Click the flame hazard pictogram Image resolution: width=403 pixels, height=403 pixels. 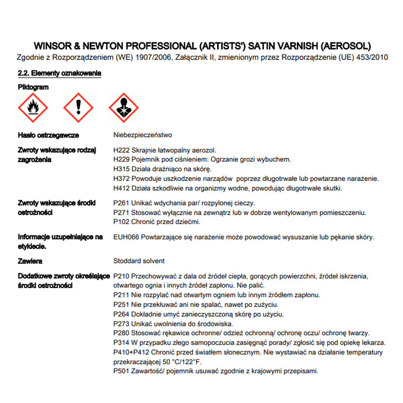pos(33,108)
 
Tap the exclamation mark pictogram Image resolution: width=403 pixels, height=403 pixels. pos(78,108)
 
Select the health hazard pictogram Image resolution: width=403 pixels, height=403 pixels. pos(124,108)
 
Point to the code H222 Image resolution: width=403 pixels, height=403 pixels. pos(122,150)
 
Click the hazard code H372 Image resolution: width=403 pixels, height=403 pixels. pos(122,179)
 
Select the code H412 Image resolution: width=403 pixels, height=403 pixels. pos(122,188)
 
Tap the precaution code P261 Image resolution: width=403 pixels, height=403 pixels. pos(122,203)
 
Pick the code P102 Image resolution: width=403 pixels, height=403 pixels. pos(122,222)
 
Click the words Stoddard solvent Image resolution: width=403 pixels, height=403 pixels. pos(140,261)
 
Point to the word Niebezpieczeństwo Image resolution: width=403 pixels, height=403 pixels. pos(144,135)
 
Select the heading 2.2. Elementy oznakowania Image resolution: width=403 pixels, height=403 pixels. pos(59,74)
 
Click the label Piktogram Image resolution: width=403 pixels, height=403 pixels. pos(33,87)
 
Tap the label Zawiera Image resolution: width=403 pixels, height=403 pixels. pos(30,261)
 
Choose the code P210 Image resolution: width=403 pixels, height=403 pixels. pos(122,276)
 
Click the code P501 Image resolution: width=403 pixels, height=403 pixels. pos(122,371)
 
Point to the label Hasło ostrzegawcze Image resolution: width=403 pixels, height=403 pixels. pos(48,136)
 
